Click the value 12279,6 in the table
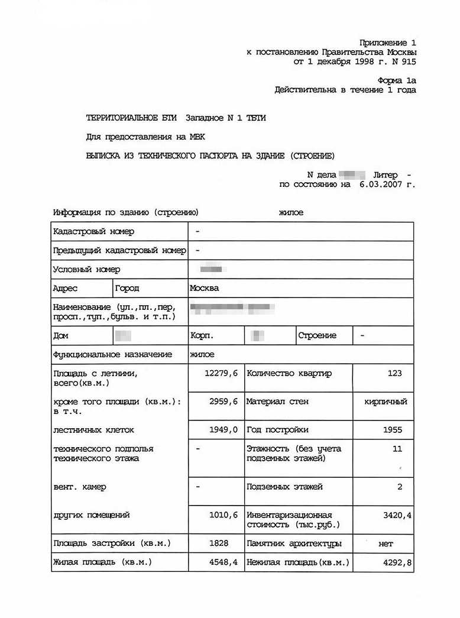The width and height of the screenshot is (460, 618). tap(221, 373)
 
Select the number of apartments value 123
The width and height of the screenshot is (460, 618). tap(395, 373)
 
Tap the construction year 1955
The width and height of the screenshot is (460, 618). tap(393, 430)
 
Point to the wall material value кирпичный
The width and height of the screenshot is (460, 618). tap(386, 402)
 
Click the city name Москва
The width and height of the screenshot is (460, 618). tap(204, 288)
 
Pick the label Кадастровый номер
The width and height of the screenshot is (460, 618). tap(93, 231)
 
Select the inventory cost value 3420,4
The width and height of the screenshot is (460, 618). tap(397, 515)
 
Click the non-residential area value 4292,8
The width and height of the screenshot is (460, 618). tap(397, 562)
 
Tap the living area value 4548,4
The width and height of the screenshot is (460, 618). tap(223, 562)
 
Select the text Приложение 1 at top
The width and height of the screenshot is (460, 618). tap(388, 43)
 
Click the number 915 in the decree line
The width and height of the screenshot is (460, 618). tap(409, 62)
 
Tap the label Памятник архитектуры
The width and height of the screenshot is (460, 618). tap(294, 543)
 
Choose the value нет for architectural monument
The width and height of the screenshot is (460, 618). tap(386, 543)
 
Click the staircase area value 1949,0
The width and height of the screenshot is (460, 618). tap(223, 430)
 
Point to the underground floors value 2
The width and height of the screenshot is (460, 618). tap(400, 487)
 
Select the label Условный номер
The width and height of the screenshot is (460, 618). tap(86, 270)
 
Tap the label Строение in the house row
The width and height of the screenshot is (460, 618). tap(318, 335)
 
